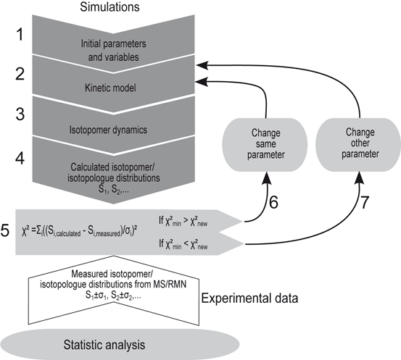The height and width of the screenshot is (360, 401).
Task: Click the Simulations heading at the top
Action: [111, 9]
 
